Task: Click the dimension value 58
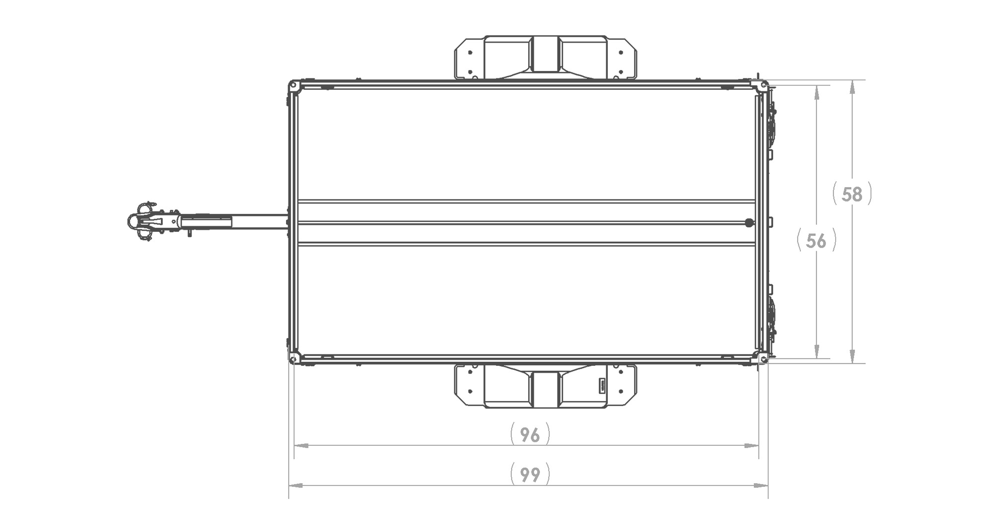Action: click(x=852, y=195)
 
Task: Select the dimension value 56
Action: click(x=816, y=241)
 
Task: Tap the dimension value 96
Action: click(x=530, y=435)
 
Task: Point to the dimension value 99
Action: click(x=530, y=475)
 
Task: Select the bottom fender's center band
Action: click(x=545, y=389)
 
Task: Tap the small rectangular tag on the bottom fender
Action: click(x=602, y=386)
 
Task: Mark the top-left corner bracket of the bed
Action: click(x=294, y=86)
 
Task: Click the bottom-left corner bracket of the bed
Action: click(x=294, y=358)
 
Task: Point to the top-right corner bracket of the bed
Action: click(x=762, y=85)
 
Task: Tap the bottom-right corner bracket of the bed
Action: click(x=762, y=358)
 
